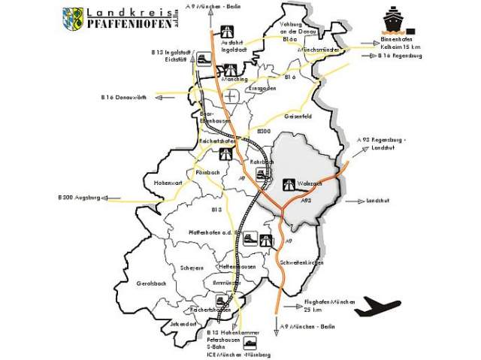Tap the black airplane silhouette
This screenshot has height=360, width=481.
point(378,307)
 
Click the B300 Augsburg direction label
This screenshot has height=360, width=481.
point(79,198)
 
